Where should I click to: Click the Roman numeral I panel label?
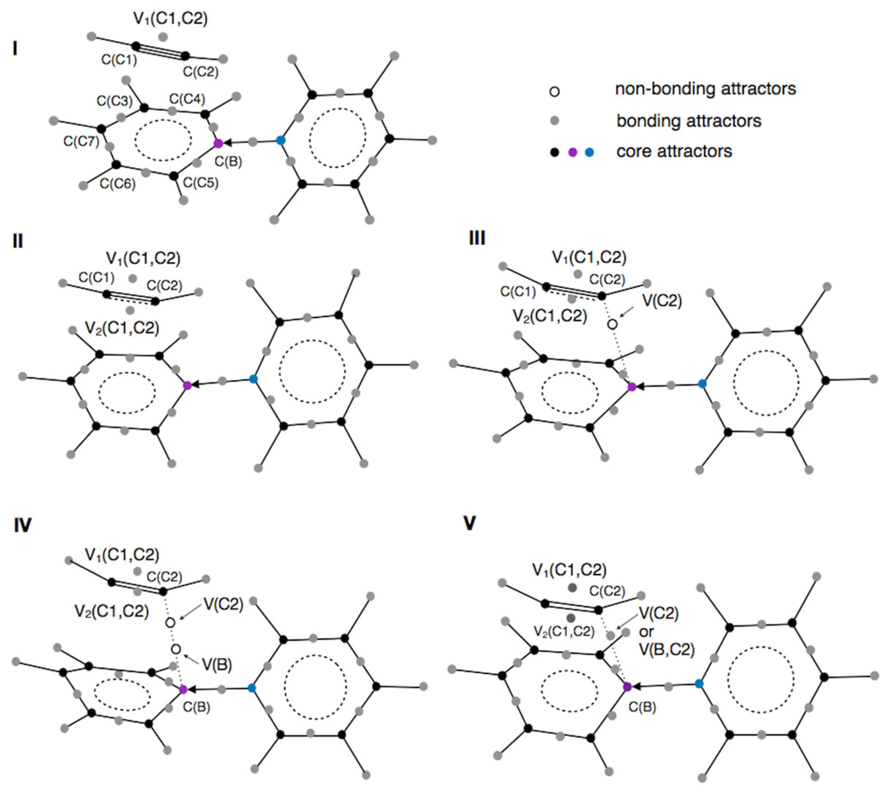15,50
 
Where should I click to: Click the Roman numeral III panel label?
477,239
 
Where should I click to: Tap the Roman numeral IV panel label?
23,526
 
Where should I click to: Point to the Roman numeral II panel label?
18,241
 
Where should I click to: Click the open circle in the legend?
555,91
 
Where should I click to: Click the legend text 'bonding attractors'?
689,121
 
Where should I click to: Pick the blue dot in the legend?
590,152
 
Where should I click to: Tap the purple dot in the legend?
573,152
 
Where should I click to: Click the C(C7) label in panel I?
81,141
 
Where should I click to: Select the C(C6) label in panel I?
118,184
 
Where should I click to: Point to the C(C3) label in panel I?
114,101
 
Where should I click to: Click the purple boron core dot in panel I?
219,143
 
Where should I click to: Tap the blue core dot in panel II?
254,379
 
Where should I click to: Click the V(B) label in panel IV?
217,664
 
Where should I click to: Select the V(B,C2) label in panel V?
667,650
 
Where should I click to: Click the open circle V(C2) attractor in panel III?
613,324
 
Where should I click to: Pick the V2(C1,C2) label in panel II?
122,328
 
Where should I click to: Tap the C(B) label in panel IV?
196,707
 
